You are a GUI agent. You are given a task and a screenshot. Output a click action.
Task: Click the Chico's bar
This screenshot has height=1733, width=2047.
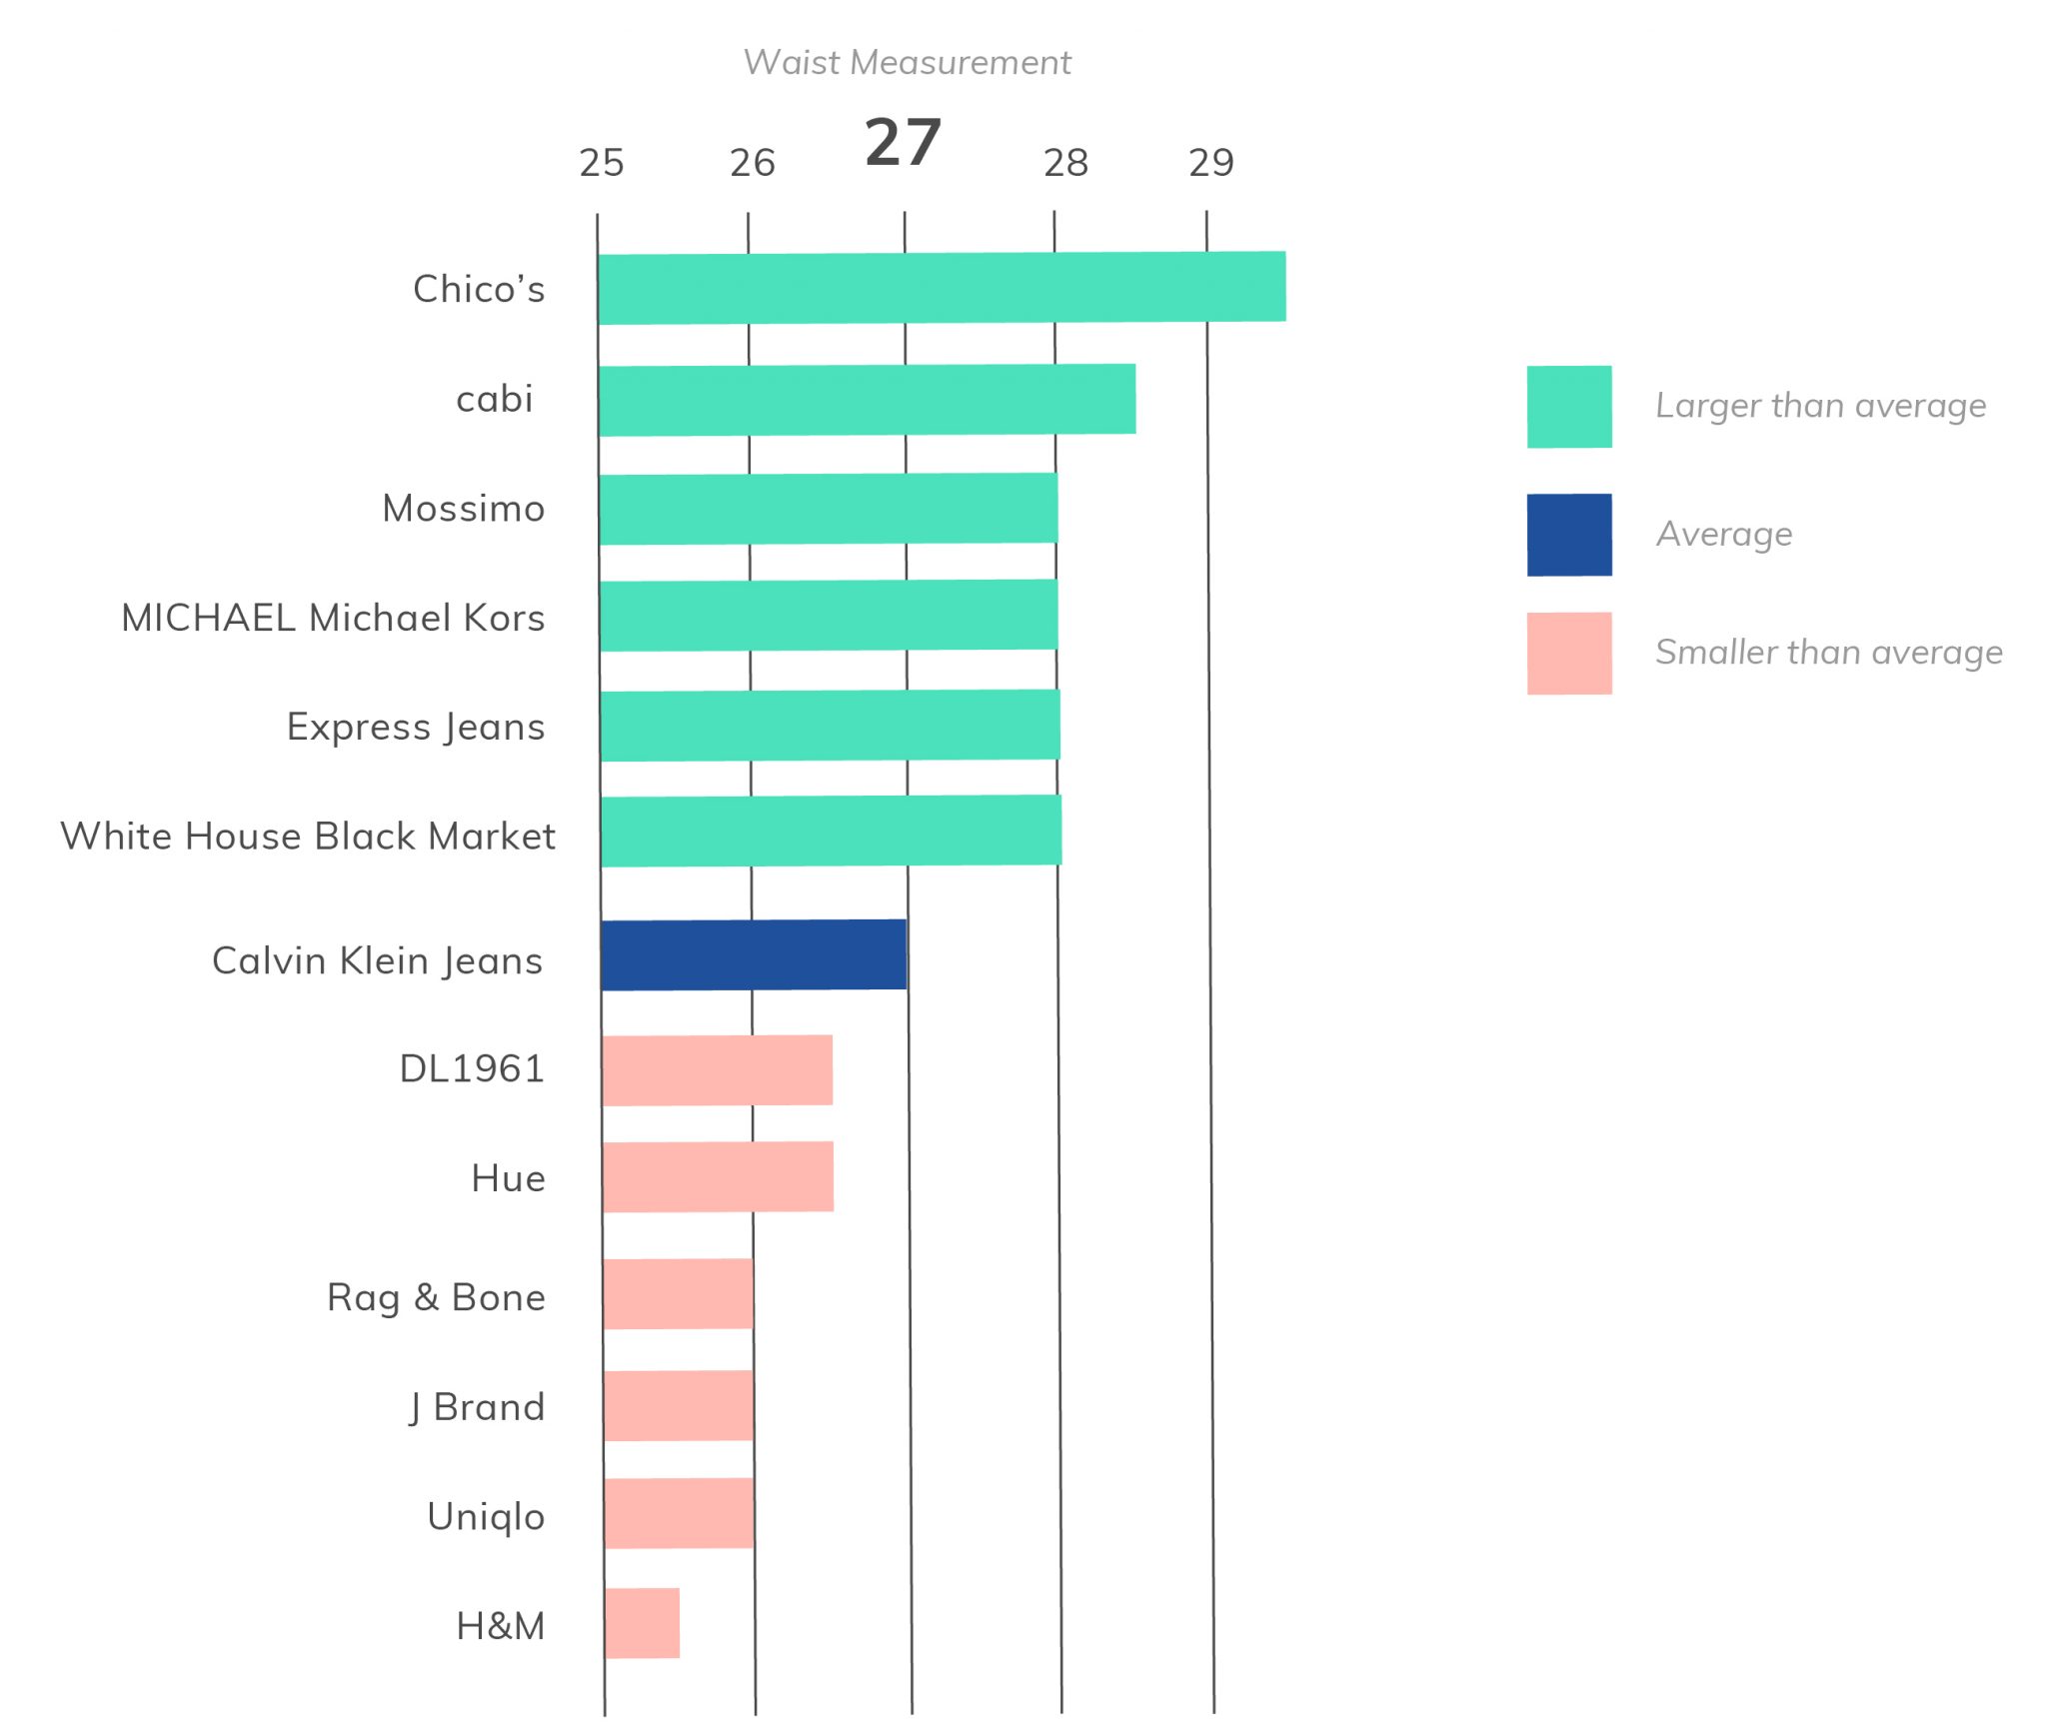tap(942, 288)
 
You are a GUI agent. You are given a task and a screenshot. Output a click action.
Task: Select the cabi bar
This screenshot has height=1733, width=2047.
tap(867, 400)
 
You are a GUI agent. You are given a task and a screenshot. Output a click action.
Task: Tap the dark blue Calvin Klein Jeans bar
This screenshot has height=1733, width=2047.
tap(754, 954)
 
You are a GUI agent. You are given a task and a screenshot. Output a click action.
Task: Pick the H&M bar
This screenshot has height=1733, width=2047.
tap(642, 1623)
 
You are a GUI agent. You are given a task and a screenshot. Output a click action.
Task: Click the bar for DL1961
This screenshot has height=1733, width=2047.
tap(717, 1070)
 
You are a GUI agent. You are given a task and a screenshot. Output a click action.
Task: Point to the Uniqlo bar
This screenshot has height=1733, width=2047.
tap(679, 1513)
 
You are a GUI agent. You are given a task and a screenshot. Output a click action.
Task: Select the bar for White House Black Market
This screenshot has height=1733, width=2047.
tap(831, 831)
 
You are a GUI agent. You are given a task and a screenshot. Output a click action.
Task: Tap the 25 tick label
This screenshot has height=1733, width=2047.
tap(602, 163)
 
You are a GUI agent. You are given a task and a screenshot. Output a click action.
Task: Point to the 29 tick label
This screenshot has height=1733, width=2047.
tap(1211, 163)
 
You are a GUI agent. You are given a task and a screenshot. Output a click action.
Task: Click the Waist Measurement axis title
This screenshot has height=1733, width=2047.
tap(907, 63)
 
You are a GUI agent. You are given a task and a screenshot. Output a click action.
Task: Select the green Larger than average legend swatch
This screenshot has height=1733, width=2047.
tap(1568, 407)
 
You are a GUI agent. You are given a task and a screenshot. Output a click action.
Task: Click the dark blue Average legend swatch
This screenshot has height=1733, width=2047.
tap(1568, 535)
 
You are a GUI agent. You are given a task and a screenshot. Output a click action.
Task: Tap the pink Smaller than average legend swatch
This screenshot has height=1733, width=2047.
tap(1568, 653)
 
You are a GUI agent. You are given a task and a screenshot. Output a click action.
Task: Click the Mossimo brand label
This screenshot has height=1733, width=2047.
tap(464, 509)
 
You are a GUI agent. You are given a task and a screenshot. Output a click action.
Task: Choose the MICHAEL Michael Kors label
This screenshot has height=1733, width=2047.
tap(333, 618)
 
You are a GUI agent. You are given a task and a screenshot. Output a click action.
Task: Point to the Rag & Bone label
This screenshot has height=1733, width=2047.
tap(436, 1297)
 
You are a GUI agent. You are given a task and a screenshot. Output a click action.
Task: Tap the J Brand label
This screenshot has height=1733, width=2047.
tap(477, 1407)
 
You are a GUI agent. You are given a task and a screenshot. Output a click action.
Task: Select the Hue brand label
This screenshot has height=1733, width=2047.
tap(508, 1178)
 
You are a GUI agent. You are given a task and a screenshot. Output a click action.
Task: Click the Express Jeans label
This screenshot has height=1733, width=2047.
tap(416, 727)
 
